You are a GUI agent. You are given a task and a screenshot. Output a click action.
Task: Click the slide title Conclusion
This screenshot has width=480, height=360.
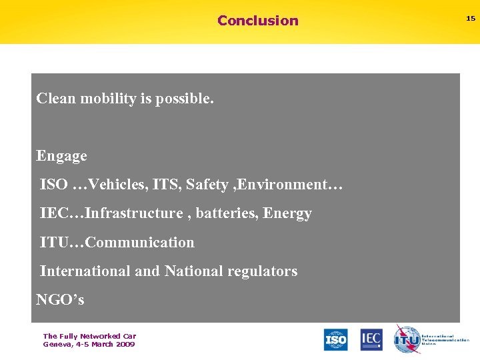point(258,21)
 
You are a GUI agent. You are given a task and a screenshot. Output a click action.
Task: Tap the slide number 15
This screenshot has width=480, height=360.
point(470,19)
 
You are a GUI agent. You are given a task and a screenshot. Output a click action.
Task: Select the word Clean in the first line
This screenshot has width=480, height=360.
point(56,99)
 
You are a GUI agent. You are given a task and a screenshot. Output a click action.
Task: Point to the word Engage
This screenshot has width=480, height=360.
point(61,156)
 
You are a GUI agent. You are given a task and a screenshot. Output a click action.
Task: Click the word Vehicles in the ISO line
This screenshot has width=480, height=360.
point(113,184)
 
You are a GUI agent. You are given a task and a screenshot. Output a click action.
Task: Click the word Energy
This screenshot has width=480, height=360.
point(287,213)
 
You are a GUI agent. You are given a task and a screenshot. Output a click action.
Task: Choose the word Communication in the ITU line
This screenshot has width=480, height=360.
point(140,242)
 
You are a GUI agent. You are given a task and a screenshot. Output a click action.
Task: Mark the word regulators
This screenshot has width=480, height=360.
point(263,271)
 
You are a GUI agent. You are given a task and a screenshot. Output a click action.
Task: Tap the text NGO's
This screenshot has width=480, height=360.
point(60,300)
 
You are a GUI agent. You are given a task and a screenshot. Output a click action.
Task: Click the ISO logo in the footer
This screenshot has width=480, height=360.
point(335,339)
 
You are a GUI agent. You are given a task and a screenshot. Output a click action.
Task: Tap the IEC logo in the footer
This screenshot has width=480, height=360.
point(371,339)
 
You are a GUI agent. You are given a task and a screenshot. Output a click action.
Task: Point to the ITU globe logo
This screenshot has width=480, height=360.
point(406,339)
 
